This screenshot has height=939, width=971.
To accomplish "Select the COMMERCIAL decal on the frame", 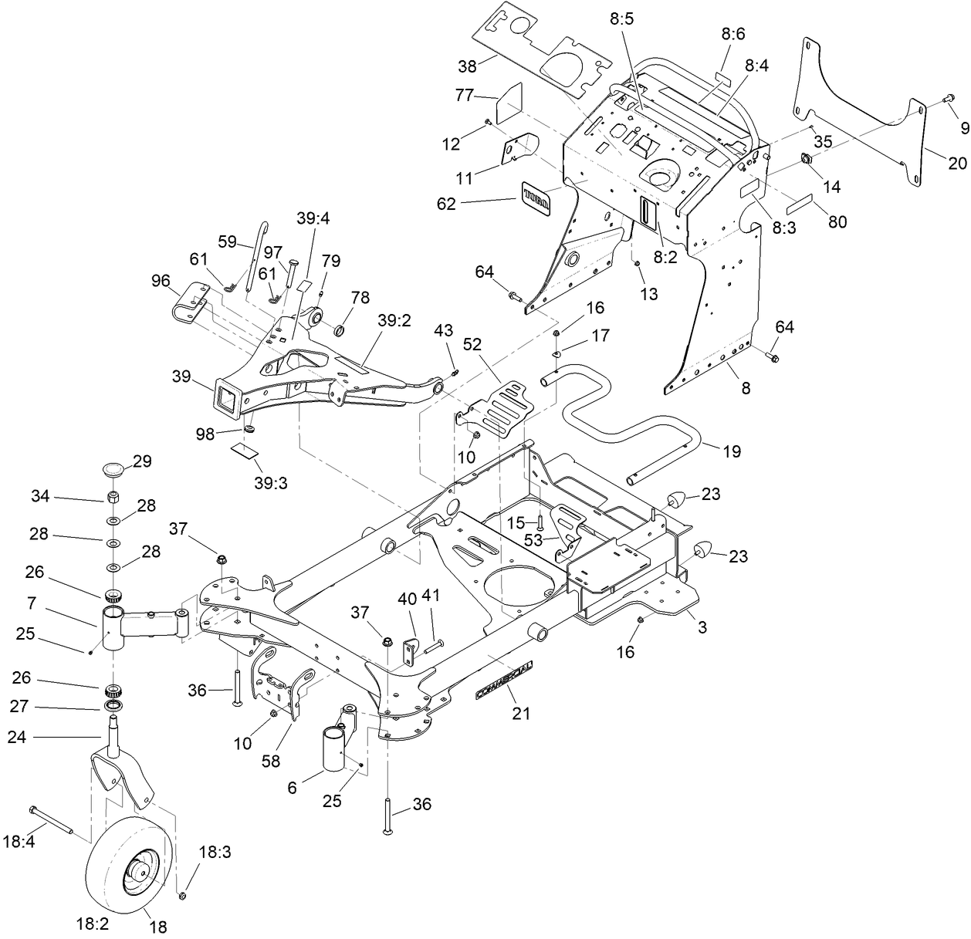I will (x=503, y=680).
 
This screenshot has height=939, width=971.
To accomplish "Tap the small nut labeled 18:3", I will (x=183, y=895).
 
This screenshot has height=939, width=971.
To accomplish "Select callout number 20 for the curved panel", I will (x=956, y=162).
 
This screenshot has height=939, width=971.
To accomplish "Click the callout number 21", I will (x=521, y=714).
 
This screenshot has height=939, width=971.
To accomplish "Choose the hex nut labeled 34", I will (x=113, y=496).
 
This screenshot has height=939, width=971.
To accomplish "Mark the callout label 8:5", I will (x=621, y=19).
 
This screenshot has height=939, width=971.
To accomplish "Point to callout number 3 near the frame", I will (x=702, y=627).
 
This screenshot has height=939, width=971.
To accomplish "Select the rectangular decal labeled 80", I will (x=803, y=208).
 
